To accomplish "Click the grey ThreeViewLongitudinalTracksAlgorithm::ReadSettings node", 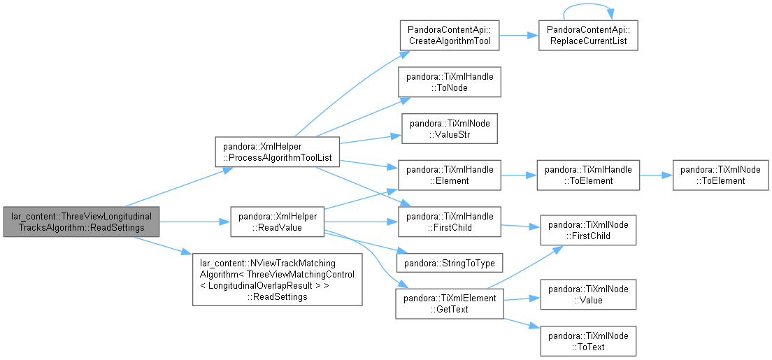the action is (81, 222).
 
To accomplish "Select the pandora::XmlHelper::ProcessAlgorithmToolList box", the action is (278, 152).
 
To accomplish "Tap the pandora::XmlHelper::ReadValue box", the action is (277, 222).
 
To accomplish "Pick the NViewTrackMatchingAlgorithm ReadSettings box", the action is (277, 279).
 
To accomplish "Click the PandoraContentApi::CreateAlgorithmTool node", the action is (449, 36).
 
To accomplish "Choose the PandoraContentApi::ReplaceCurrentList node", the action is (588, 36).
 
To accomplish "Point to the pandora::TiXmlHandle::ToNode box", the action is (450, 82).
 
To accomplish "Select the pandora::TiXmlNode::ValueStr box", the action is (450, 129).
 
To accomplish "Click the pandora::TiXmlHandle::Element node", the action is (450, 175).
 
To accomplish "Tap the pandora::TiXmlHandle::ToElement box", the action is (588, 175).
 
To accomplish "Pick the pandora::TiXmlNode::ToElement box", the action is (721, 175).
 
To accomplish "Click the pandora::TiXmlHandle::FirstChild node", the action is (450, 222).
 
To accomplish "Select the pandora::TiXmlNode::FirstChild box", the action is (588, 230).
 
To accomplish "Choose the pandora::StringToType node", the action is (450, 263).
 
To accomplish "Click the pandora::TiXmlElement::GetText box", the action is (450, 304).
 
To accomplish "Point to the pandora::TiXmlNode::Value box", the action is (588, 294).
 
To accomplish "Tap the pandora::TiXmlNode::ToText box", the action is (588, 341).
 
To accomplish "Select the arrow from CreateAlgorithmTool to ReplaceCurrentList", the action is (519, 36).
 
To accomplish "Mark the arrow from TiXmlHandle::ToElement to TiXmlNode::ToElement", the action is (657, 175).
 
